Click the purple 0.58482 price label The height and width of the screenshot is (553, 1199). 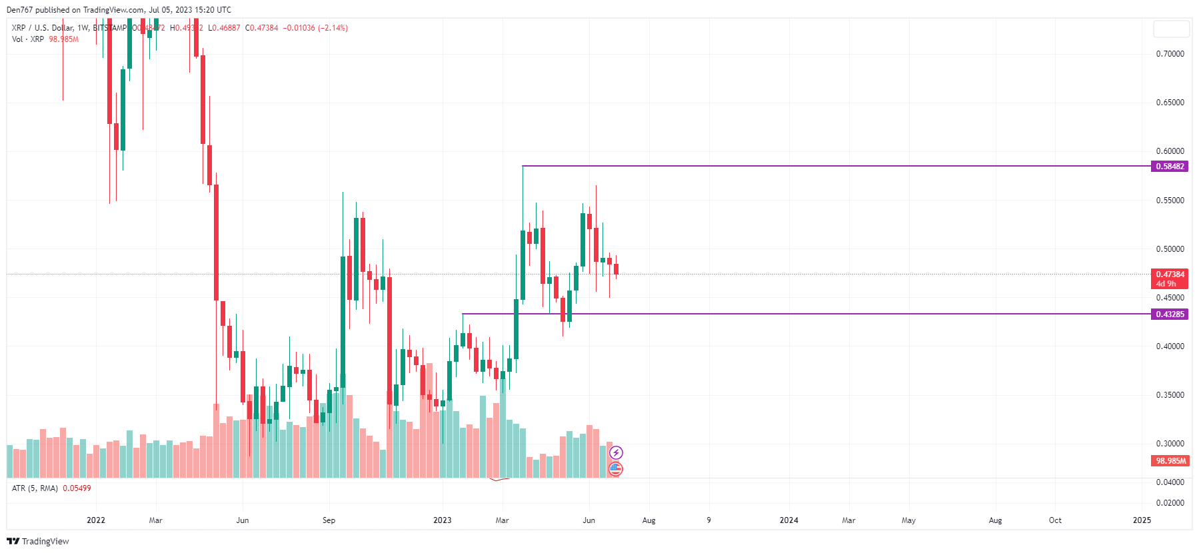(x=1170, y=167)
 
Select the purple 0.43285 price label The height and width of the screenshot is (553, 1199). (x=1170, y=314)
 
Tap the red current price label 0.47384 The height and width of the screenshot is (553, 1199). (x=1170, y=275)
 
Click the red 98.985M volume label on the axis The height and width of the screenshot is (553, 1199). (x=1170, y=461)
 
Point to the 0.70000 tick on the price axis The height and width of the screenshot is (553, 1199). (x=1170, y=54)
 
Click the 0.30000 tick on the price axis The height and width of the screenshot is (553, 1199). (x=1170, y=444)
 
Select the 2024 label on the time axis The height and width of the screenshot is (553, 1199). (x=788, y=520)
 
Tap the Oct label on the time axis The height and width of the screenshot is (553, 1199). (x=1054, y=520)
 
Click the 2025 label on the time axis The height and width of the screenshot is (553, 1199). (x=1141, y=520)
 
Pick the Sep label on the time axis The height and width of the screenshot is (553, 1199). (x=329, y=520)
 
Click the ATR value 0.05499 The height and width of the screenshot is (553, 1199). (x=77, y=488)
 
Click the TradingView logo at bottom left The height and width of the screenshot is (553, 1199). (x=38, y=541)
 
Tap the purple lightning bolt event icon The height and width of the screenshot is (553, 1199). (x=616, y=453)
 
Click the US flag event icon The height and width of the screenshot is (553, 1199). (x=615, y=469)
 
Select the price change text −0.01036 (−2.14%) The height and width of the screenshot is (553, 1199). (x=315, y=28)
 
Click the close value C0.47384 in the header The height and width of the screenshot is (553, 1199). (x=261, y=28)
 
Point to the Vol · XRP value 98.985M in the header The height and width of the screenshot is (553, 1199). (x=63, y=39)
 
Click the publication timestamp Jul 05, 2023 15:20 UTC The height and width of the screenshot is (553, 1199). (x=189, y=10)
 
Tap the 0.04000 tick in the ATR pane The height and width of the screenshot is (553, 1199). (x=1170, y=482)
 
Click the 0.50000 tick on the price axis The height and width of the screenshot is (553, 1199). (x=1170, y=249)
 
